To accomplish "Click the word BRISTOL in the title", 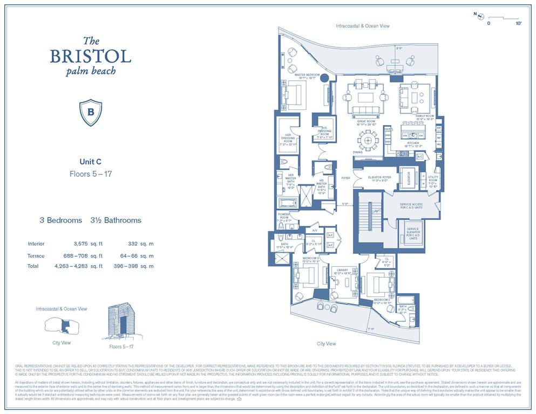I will [x=90, y=56].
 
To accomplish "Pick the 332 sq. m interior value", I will [x=134, y=244].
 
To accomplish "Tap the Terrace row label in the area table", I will [x=36, y=256].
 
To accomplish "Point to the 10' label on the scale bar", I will [x=519, y=24].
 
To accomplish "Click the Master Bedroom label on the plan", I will [x=308, y=76].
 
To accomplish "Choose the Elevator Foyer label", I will [x=379, y=178].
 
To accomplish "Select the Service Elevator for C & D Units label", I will [x=413, y=232].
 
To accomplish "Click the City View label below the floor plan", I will [x=327, y=343].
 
